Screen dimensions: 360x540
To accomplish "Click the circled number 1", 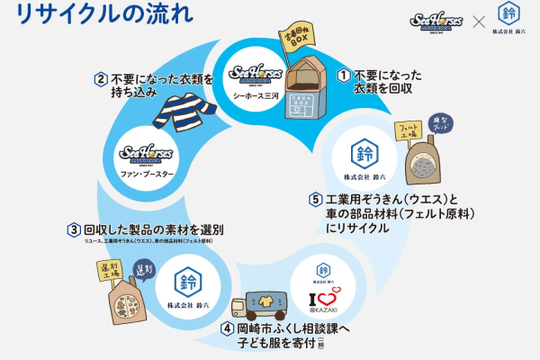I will coord(343,76).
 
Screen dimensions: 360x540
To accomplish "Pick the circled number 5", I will coord(315,199).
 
